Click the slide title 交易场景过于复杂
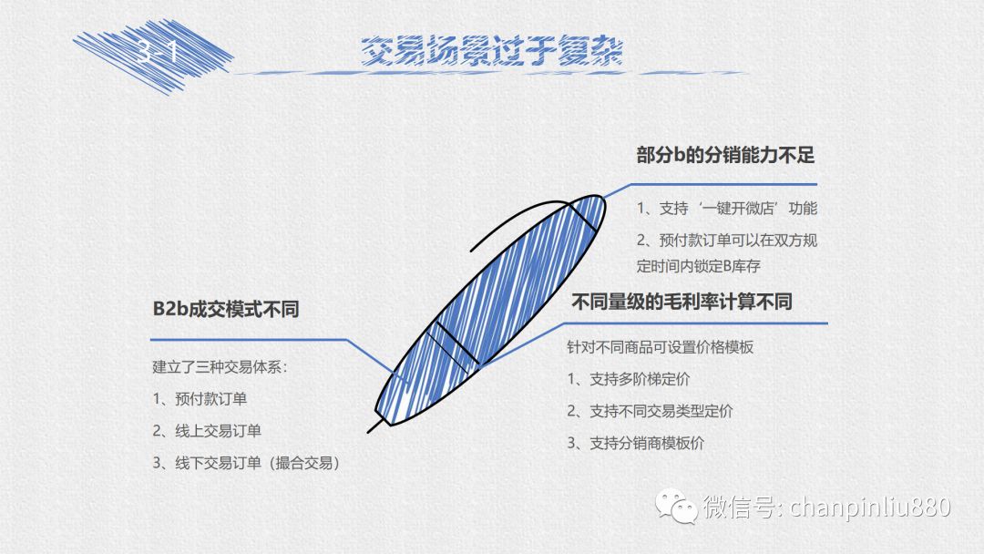491,51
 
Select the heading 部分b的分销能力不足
725,155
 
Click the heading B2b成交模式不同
226,309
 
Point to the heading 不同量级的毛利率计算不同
682,302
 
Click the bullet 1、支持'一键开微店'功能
727,209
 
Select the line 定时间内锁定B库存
699,266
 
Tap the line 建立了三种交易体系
220,367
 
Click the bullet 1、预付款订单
200,399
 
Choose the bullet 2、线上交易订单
207,431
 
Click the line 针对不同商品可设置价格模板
661,347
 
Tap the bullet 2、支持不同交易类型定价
650,411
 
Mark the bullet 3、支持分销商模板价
635,443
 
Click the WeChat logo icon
676,507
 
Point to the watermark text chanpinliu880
870,507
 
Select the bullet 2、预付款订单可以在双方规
727,241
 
